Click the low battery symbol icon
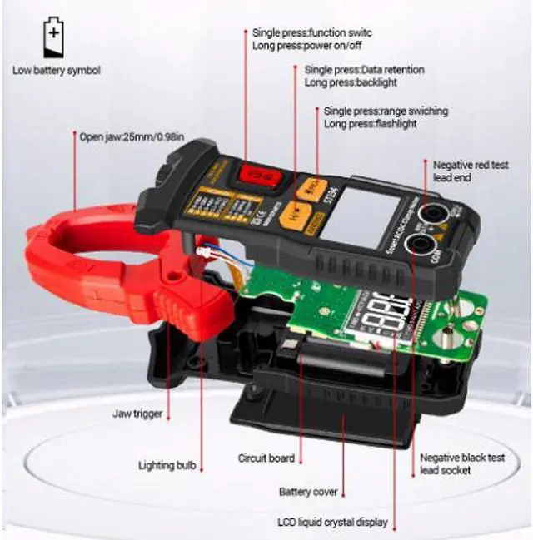click(x=52, y=39)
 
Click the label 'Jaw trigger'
click(x=137, y=413)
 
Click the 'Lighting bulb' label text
click(x=167, y=466)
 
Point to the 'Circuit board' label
click(x=266, y=458)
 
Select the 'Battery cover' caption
click(x=308, y=492)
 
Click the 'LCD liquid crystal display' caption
click(x=332, y=523)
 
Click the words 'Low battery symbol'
click(x=57, y=71)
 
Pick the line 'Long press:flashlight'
click(x=370, y=124)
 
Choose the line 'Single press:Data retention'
click(x=364, y=70)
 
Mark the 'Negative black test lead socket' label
click(x=462, y=464)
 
